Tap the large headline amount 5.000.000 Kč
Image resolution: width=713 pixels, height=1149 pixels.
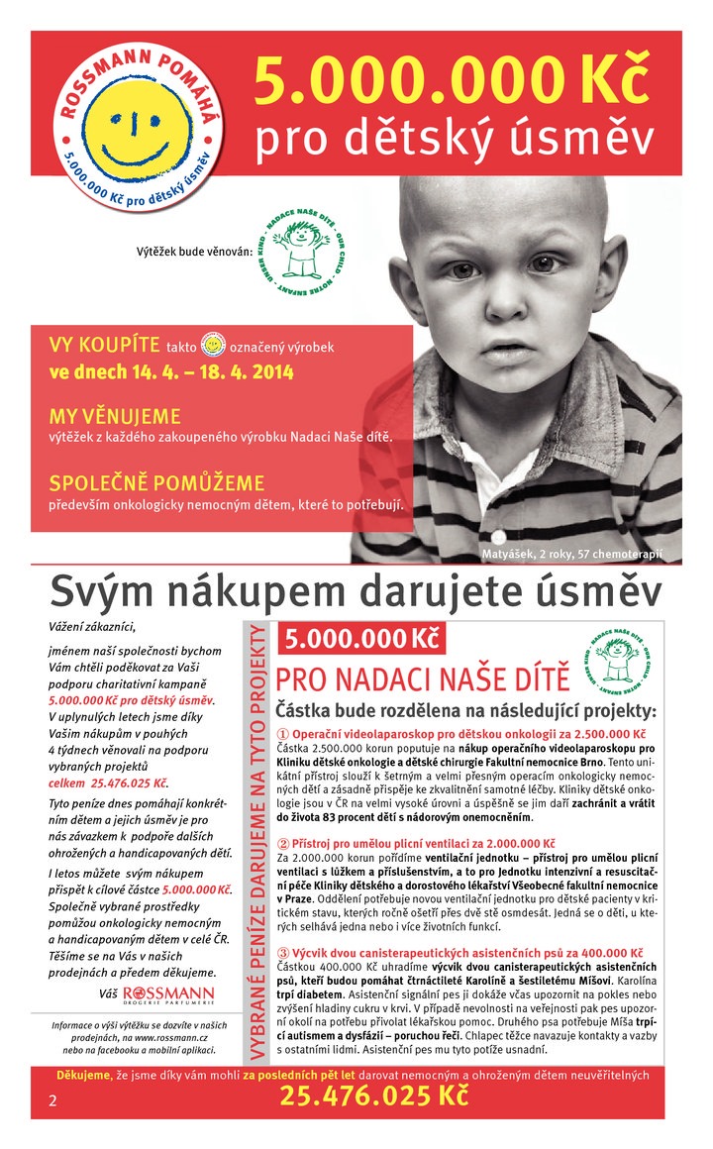pyautogui.click(x=454, y=82)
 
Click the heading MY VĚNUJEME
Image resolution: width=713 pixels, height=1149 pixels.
pyautogui.click(x=115, y=416)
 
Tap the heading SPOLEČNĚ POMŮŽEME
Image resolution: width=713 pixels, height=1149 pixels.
pyautogui.click(x=156, y=484)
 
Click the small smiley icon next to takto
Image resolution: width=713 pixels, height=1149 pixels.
pyautogui.click(x=212, y=346)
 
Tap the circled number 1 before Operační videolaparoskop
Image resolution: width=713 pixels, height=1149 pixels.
pyautogui.click(x=283, y=734)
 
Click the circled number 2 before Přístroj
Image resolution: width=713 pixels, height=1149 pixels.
pyautogui.click(x=283, y=843)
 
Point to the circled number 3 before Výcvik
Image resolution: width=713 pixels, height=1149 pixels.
pyautogui.click(x=283, y=952)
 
